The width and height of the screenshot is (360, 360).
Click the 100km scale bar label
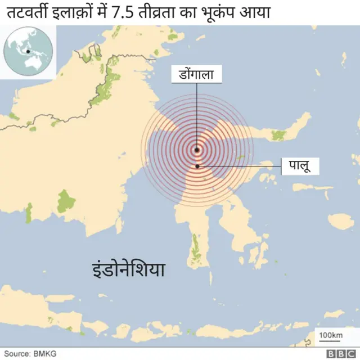pos(331,336)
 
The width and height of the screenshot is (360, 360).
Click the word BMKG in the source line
pos(42,353)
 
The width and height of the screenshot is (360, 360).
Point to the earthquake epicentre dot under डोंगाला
pos(197,150)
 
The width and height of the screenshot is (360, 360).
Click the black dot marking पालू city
pos(197,166)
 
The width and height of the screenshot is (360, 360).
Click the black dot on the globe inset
pos(28,52)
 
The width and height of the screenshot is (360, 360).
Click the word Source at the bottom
pos(16,353)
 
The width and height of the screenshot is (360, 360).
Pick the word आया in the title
pos(253,12)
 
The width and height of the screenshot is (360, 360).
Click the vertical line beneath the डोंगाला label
pos(197,112)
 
